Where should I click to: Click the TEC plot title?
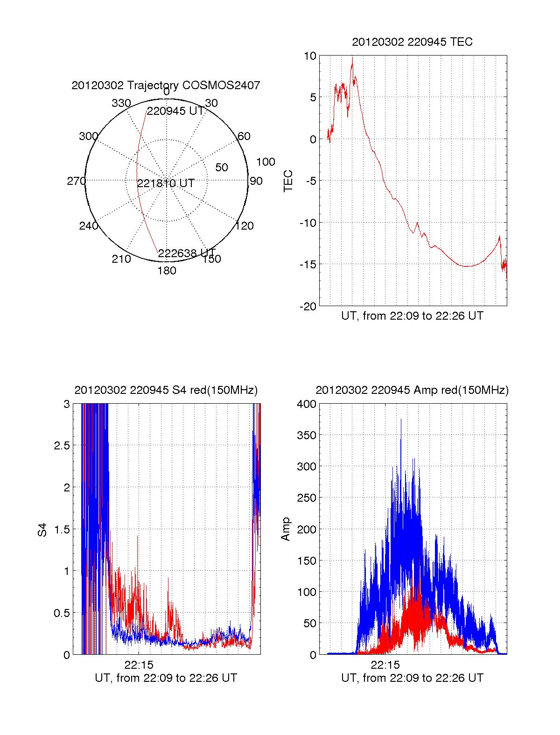412,42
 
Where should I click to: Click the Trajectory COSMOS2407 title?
166,85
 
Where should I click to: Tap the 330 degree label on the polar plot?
121,103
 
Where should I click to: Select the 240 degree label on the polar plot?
88,226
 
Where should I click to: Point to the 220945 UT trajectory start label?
175,112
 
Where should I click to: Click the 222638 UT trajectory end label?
187,253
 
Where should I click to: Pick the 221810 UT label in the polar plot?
166,183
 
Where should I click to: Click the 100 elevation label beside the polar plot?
266,162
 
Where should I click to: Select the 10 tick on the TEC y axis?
310,56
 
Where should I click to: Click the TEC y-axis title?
288,181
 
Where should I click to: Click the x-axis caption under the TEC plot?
412,316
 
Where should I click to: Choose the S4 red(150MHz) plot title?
166,390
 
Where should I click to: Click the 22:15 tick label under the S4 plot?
139,665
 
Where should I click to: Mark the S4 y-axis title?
42,530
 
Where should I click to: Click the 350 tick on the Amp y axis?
307,435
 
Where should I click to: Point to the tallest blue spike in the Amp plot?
401,420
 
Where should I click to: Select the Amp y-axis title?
286,529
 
